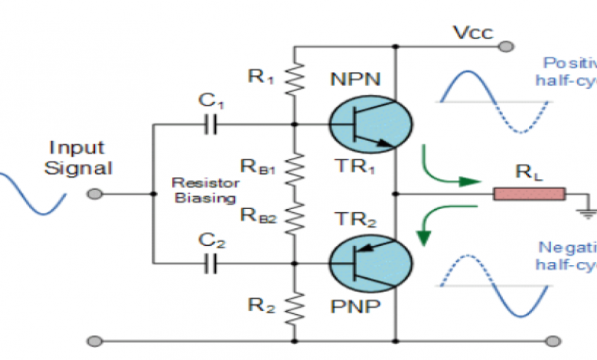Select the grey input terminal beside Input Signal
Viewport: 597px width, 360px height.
(x=95, y=195)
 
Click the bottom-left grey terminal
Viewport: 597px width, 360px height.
(x=95, y=340)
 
